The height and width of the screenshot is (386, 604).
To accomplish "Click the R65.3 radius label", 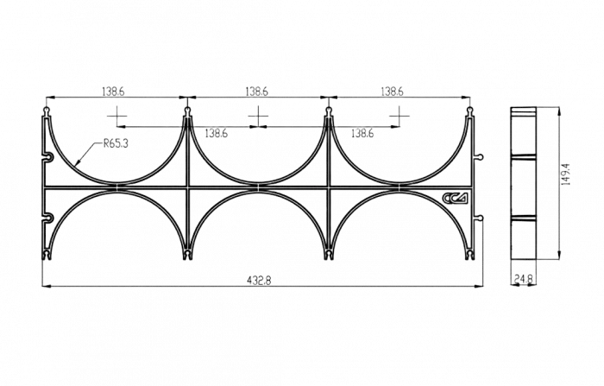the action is (x=116, y=144).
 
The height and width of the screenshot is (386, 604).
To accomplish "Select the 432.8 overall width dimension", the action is (x=259, y=281).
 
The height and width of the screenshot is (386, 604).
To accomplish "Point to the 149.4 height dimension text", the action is (x=565, y=174).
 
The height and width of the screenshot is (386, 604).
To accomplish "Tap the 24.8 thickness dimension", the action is (x=523, y=278).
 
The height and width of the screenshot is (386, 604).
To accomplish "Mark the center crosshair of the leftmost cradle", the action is (x=117, y=116).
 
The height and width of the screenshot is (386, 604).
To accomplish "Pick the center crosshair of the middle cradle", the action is (x=258, y=116).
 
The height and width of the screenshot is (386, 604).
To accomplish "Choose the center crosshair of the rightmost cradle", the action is (x=400, y=116).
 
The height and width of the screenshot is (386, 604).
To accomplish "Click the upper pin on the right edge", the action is (x=479, y=156).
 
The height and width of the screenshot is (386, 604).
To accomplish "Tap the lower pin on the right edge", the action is (x=479, y=218).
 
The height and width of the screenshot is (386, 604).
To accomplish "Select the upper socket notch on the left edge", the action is (x=47, y=157).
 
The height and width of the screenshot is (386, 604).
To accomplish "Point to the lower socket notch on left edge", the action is (x=47, y=218).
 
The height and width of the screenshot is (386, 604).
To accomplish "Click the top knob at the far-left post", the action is (x=47, y=111).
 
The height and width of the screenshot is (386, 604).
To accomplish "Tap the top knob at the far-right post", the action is (x=469, y=111).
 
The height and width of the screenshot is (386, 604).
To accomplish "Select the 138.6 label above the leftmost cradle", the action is (x=113, y=92).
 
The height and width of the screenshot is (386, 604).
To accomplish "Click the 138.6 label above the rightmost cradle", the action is (x=392, y=92).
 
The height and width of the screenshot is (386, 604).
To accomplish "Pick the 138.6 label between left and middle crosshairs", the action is (x=216, y=134).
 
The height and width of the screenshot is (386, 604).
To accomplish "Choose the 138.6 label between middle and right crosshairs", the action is (x=362, y=134).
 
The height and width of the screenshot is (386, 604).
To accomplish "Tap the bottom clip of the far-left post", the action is (x=47, y=256).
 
